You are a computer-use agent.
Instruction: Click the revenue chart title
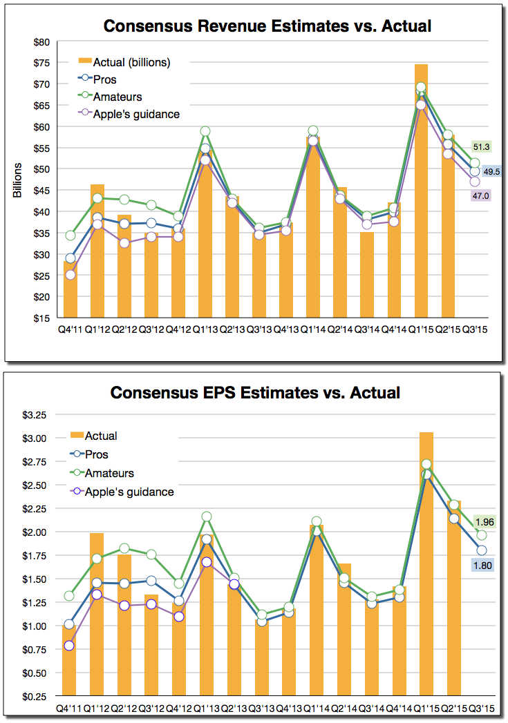(x=267, y=27)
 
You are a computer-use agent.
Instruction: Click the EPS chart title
(x=255, y=393)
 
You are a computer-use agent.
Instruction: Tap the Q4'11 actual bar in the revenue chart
(x=70, y=290)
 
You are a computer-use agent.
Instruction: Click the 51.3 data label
(x=481, y=146)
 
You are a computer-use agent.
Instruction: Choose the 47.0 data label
(x=481, y=196)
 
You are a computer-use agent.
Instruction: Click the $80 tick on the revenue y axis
(x=41, y=41)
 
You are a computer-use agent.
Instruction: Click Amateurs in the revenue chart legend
(x=117, y=97)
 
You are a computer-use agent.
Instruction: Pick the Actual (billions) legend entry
(x=131, y=62)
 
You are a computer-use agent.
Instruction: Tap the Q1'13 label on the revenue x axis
(x=205, y=329)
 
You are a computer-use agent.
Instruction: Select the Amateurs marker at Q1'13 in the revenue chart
(x=205, y=131)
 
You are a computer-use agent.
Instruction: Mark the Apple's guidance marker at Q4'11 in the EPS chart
(x=69, y=646)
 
